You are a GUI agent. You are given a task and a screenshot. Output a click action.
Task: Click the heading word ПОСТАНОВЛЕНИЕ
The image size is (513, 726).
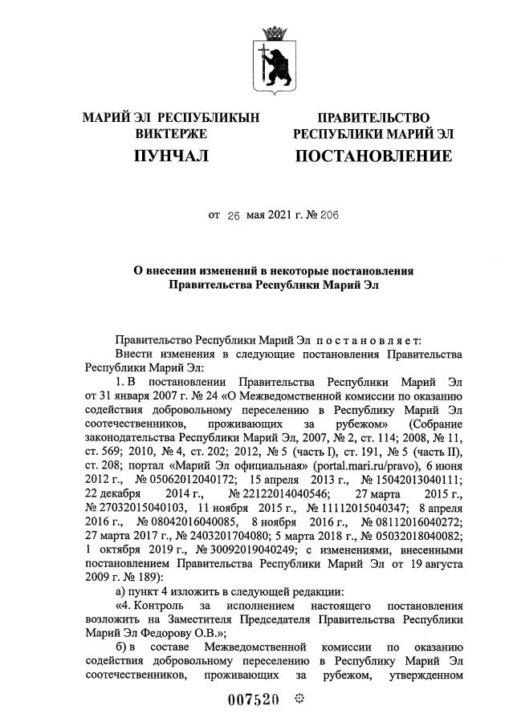click(x=373, y=156)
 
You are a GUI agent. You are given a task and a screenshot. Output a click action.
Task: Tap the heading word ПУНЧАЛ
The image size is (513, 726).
click(x=171, y=156)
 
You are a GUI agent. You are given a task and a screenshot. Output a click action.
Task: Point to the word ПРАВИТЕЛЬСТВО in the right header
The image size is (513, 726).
click(x=373, y=118)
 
